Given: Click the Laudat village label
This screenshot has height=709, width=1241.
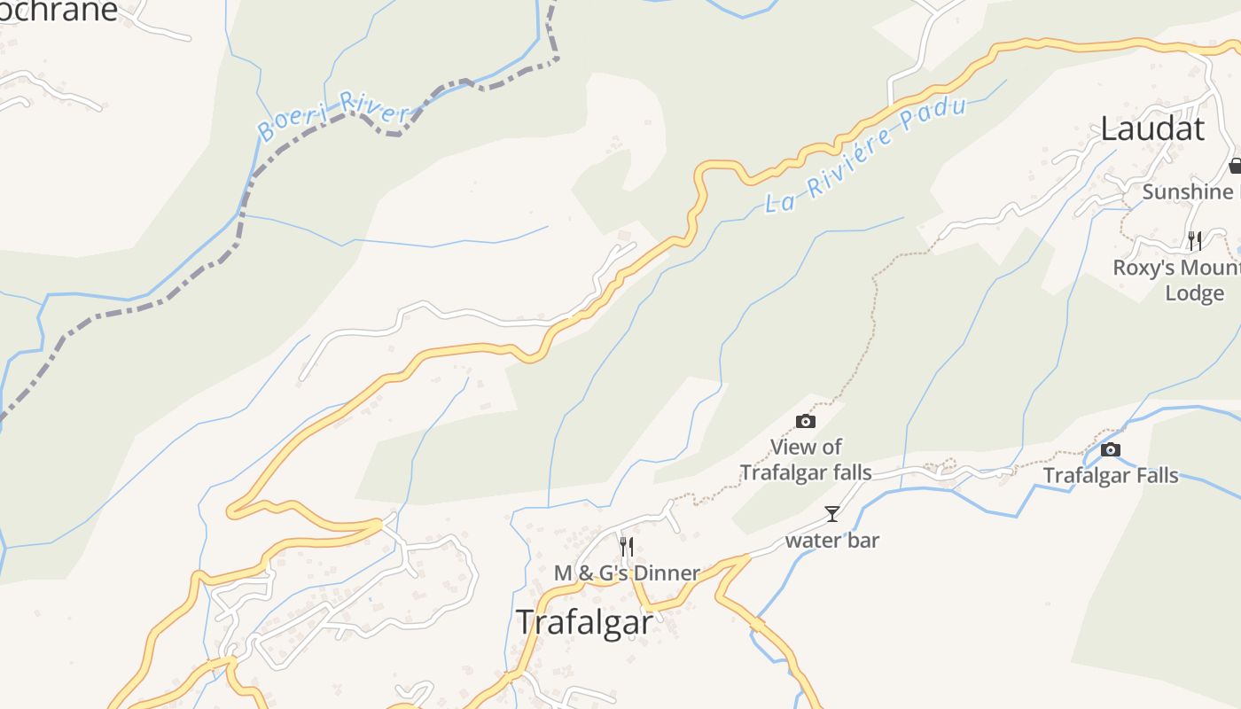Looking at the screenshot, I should point(1152,129).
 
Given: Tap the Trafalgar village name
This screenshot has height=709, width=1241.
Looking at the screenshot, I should point(584,622).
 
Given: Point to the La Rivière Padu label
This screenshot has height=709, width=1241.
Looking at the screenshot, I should point(864,155).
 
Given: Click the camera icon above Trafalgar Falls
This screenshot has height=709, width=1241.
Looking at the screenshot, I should point(1110,450).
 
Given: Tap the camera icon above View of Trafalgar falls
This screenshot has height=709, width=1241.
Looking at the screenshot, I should point(806,422).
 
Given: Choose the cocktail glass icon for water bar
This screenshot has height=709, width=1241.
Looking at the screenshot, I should point(832,514).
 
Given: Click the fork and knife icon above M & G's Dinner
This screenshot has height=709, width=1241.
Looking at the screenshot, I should point(627,546).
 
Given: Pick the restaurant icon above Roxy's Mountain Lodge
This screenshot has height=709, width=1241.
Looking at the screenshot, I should point(1195,240).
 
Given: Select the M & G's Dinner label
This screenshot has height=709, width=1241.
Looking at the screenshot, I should point(627,573).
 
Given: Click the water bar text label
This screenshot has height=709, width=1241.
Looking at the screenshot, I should point(832,540).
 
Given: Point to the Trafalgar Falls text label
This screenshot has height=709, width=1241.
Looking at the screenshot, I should point(1111,476).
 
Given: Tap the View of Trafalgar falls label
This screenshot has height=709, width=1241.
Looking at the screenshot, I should point(806,460).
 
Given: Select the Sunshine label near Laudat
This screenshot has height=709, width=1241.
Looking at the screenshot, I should point(1187,192).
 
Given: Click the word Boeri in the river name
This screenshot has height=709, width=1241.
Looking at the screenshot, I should point(290,126).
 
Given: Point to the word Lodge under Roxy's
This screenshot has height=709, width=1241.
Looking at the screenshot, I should point(1194,293).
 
